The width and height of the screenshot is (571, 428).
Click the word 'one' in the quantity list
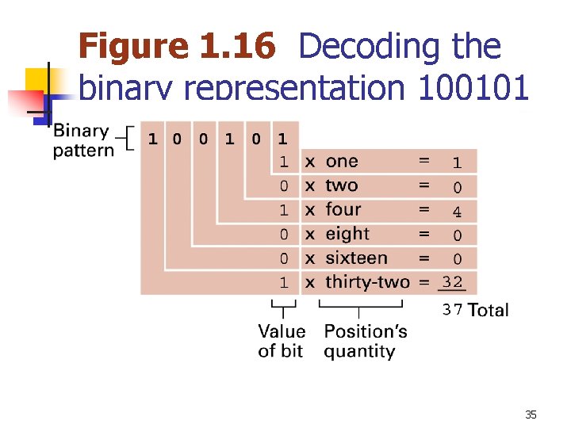click(342, 162)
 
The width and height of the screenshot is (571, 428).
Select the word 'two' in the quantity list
click(342, 185)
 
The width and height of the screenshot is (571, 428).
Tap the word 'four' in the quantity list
click(343, 210)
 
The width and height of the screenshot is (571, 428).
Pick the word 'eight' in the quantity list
click(347, 234)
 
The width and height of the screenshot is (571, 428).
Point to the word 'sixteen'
click(356, 258)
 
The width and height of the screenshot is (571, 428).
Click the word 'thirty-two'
click(367, 282)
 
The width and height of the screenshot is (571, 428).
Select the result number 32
click(452, 282)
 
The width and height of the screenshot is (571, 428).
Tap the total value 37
click(452, 310)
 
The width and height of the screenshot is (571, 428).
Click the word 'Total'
click(489, 310)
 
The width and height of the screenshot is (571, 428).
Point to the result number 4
click(457, 211)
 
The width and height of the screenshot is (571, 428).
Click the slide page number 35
click(531, 415)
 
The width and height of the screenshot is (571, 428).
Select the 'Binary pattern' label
click(82, 140)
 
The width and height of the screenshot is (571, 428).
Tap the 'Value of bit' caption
click(281, 341)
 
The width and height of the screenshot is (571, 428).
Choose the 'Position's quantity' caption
click(365, 341)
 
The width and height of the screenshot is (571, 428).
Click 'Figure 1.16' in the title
click(178, 47)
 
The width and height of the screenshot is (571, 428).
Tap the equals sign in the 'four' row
click(424, 209)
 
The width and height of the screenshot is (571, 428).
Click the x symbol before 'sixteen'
click(310, 258)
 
